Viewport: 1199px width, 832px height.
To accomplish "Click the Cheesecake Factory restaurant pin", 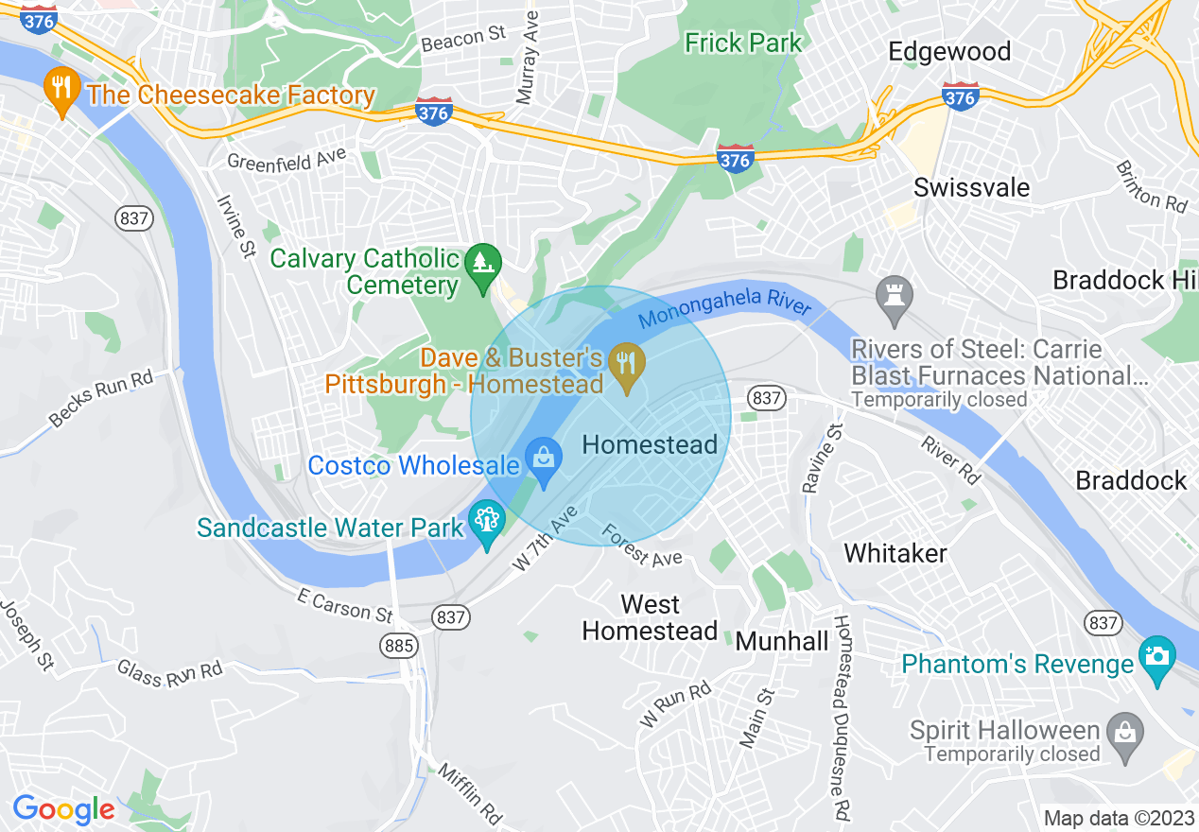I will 61,92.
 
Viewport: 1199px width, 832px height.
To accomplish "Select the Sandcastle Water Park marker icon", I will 487,523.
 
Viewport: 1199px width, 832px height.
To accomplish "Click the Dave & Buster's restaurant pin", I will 625,363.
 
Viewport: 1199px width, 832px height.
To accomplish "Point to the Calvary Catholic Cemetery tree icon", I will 483,260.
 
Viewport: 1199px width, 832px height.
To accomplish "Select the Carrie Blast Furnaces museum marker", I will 894,295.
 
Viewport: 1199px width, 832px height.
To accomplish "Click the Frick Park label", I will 743,43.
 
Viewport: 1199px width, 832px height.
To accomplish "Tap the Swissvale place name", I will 971,187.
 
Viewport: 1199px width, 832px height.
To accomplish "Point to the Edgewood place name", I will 949,51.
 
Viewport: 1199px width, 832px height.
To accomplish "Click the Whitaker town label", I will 895,552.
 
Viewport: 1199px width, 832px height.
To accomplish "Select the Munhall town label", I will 782,641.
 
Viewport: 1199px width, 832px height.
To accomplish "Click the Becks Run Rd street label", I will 102,398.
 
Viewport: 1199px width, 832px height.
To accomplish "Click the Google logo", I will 63,809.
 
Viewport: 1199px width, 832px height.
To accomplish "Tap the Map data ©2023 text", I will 1116,818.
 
